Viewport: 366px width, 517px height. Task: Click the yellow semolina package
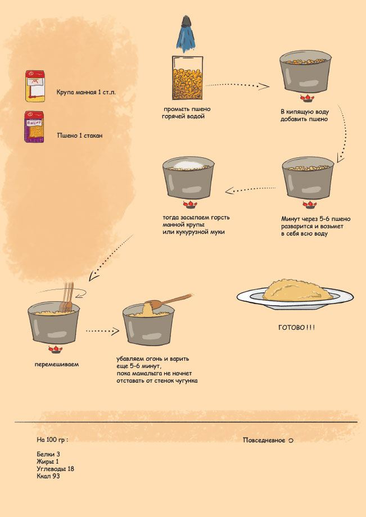click(35, 86)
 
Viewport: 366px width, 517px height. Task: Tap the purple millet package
click(34, 126)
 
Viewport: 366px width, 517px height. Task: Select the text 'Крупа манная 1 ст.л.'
click(86, 92)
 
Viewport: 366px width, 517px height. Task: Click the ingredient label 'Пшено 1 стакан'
click(80, 135)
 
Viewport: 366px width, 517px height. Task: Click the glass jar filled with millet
click(187, 78)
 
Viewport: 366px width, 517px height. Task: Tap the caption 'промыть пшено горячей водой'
click(186, 112)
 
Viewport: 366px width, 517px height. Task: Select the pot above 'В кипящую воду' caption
click(305, 71)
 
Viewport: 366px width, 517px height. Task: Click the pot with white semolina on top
click(188, 178)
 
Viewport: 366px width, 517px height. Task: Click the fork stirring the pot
click(67, 297)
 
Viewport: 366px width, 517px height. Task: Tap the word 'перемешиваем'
click(57, 364)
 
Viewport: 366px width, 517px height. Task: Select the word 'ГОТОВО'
click(292, 328)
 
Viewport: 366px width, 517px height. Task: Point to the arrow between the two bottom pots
click(102, 330)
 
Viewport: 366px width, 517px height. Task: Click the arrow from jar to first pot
click(237, 86)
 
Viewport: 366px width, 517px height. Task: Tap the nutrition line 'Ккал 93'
click(48, 476)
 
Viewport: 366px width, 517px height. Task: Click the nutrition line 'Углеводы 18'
click(56, 469)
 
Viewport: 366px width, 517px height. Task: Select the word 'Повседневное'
click(264, 440)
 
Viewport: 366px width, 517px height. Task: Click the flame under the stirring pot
click(55, 349)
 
